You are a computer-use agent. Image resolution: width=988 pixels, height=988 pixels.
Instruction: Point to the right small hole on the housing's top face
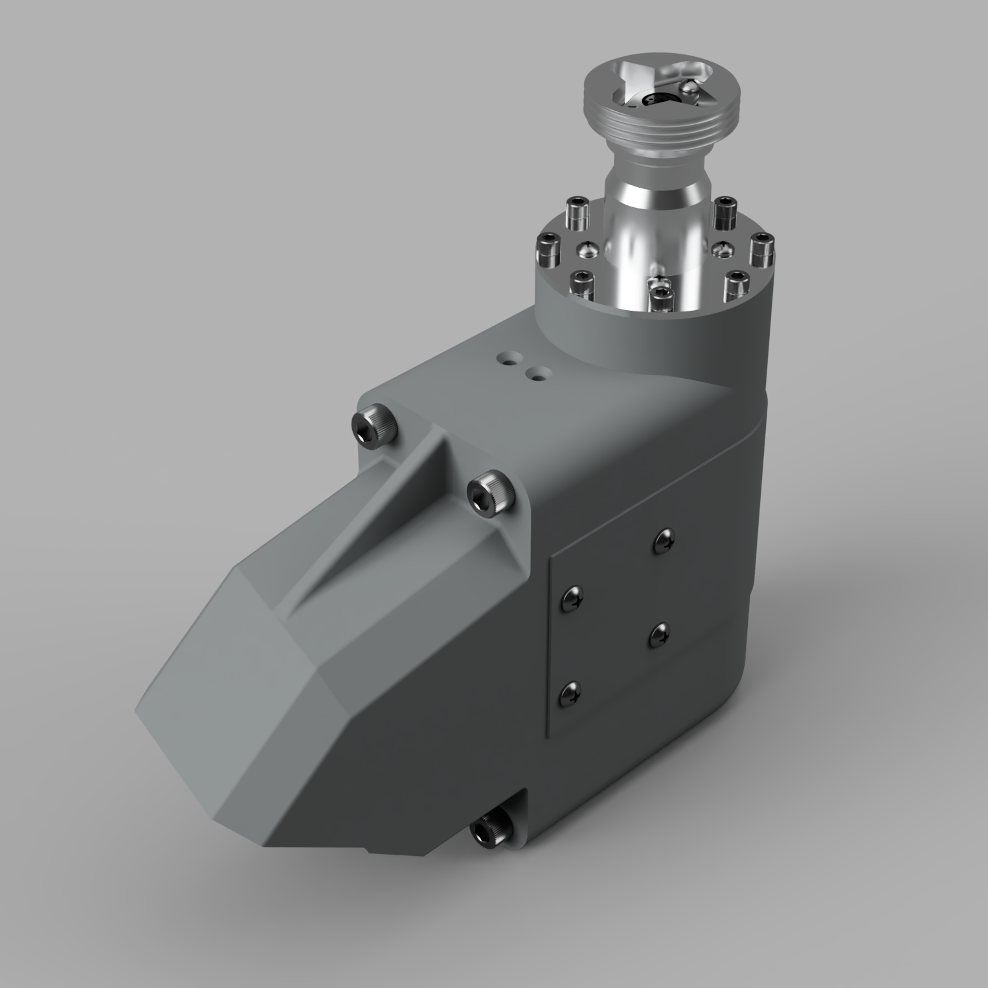click(x=537, y=374)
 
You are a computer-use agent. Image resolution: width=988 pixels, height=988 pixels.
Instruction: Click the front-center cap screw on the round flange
click(x=662, y=298)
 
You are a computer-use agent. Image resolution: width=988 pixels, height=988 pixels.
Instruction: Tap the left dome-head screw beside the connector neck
click(x=588, y=248)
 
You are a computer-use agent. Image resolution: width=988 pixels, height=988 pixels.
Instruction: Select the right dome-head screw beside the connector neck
click(x=720, y=249)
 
